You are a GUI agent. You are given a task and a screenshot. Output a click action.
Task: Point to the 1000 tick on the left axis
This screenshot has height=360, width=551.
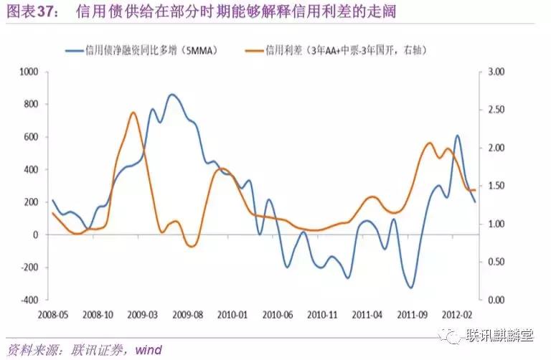pyautogui.click(x=29, y=72)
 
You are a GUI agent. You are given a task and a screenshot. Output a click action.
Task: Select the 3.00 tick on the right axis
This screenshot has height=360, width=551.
pyautogui.click(x=497, y=72)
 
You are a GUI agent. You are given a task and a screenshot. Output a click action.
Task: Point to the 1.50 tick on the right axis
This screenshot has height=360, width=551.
pyautogui.click(x=497, y=186)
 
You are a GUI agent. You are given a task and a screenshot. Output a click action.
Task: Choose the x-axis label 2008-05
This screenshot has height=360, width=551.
pyautogui.click(x=51, y=313)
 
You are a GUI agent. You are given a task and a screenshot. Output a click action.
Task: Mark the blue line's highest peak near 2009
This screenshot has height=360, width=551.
pyautogui.click(x=172, y=95)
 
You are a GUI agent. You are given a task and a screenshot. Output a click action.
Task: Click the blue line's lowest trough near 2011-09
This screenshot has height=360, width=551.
pyautogui.click(x=410, y=288)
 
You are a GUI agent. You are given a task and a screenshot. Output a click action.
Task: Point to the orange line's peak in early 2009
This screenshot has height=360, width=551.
pyautogui.click(x=133, y=113)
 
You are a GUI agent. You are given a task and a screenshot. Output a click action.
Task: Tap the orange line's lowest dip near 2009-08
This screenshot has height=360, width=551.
pyautogui.click(x=192, y=246)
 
